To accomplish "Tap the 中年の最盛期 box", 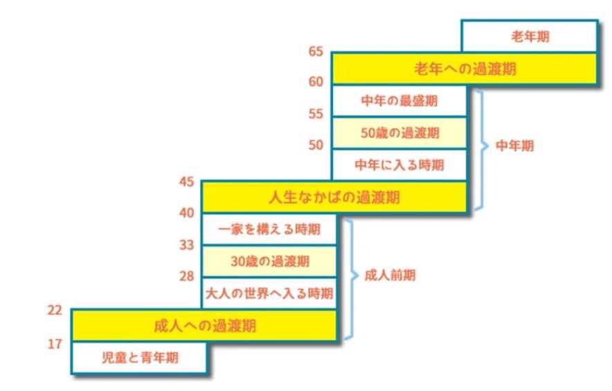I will (x=399, y=101).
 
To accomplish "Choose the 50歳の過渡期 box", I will (x=399, y=132).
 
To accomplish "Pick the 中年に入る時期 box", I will (x=399, y=165).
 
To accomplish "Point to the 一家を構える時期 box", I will (x=269, y=229).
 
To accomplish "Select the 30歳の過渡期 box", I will (x=269, y=262).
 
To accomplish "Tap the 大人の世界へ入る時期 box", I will (x=269, y=294).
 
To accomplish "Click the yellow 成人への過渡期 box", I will (x=204, y=326).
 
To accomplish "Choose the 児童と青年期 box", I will (x=139, y=359).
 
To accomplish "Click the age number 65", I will (x=316, y=52).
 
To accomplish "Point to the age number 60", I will (x=316, y=82).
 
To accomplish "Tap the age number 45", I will (x=186, y=182).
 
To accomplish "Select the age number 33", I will (x=186, y=245).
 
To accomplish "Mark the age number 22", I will (x=55, y=311).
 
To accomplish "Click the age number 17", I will (x=55, y=342).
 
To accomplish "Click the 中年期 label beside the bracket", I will (x=515, y=147).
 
